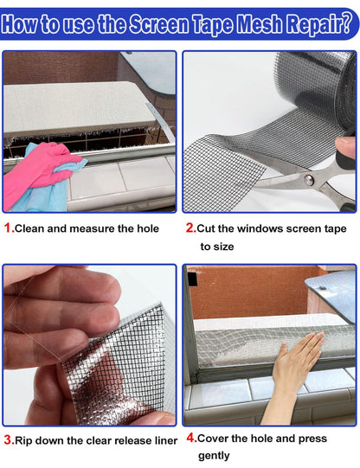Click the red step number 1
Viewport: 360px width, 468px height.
pyautogui.click(x=8, y=228)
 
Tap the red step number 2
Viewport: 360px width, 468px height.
pyautogui.click(x=190, y=228)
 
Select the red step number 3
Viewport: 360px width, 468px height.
pyautogui.click(x=8, y=440)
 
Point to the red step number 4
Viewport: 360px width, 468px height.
pyautogui.click(x=190, y=439)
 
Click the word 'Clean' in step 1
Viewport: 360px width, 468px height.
pyautogui.click(x=33, y=228)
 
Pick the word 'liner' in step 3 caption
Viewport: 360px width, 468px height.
pyautogui.click(x=162, y=440)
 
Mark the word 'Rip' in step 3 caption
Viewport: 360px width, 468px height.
pyautogui.click(x=26, y=440)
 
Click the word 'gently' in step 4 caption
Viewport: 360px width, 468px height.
pyautogui.click(x=214, y=456)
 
